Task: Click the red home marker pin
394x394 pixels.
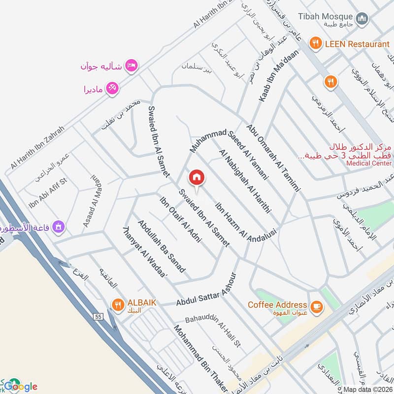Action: tap(197, 177)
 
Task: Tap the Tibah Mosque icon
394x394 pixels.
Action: tap(363, 18)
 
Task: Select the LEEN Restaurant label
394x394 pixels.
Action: tap(357, 44)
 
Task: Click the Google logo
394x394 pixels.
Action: tap(20, 386)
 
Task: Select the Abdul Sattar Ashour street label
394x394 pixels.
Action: tap(206, 290)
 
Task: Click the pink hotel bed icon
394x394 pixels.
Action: tap(131, 65)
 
